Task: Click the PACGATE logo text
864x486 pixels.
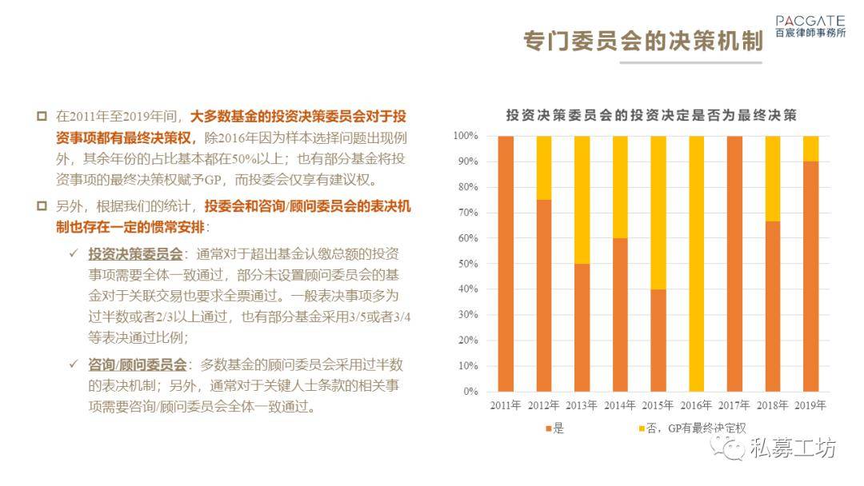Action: tap(810, 21)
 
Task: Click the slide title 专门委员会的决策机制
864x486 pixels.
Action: tap(643, 42)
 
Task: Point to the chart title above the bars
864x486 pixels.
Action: tap(651, 115)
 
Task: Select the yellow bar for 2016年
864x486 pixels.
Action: tap(696, 264)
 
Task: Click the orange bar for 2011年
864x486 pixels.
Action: tap(506, 264)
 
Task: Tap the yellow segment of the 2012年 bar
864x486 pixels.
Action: tap(543, 168)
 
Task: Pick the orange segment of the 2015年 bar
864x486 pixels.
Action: tap(658, 341)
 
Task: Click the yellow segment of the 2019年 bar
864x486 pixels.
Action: tap(810, 149)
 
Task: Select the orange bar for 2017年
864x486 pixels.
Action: tap(734, 264)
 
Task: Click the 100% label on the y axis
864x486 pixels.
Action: tap(466, 135)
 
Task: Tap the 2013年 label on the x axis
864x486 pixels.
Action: tap(582, 405)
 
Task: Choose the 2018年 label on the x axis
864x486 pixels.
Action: tap(772, 405)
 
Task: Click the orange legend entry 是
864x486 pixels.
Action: tap(554, 428)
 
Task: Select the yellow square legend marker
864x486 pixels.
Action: tap(642, 428)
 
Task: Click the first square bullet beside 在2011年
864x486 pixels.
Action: tap(42, 116)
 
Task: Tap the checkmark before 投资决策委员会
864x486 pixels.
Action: tap(74, 253)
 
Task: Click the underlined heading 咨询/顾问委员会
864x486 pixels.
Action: tap(138, 364)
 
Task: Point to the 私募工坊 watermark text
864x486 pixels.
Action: tap(793, 448)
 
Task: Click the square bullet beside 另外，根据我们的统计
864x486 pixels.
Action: tap(42, 206)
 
